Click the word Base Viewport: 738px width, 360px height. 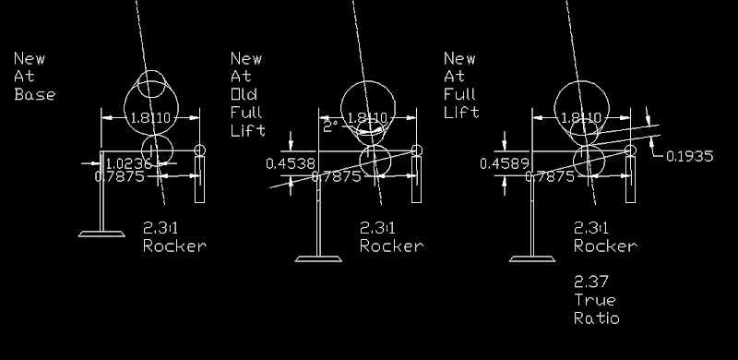(x=35, y=95)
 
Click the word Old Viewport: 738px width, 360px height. (x=246, y=95)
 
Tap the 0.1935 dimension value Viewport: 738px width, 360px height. (x=690, y=157)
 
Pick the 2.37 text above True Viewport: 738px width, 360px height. (x=592, y=282)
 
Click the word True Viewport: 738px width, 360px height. (x=595, y=301)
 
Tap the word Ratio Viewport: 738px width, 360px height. (x=597, y=319)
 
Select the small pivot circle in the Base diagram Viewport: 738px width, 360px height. (x=201, y=150)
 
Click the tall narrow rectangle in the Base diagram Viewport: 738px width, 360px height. (x=199, y=180)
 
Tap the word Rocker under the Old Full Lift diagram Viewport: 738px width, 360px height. (x=391, y=246)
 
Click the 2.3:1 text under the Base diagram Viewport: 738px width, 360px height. (x=164, y=227)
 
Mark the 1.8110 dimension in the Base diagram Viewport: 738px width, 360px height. (x=149, y=118)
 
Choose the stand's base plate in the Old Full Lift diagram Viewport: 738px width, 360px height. (x=317, y=257)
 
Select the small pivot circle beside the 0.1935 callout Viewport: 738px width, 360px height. (x=630, y=150)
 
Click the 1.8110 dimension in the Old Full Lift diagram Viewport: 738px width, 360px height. (x=368, y=118)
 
